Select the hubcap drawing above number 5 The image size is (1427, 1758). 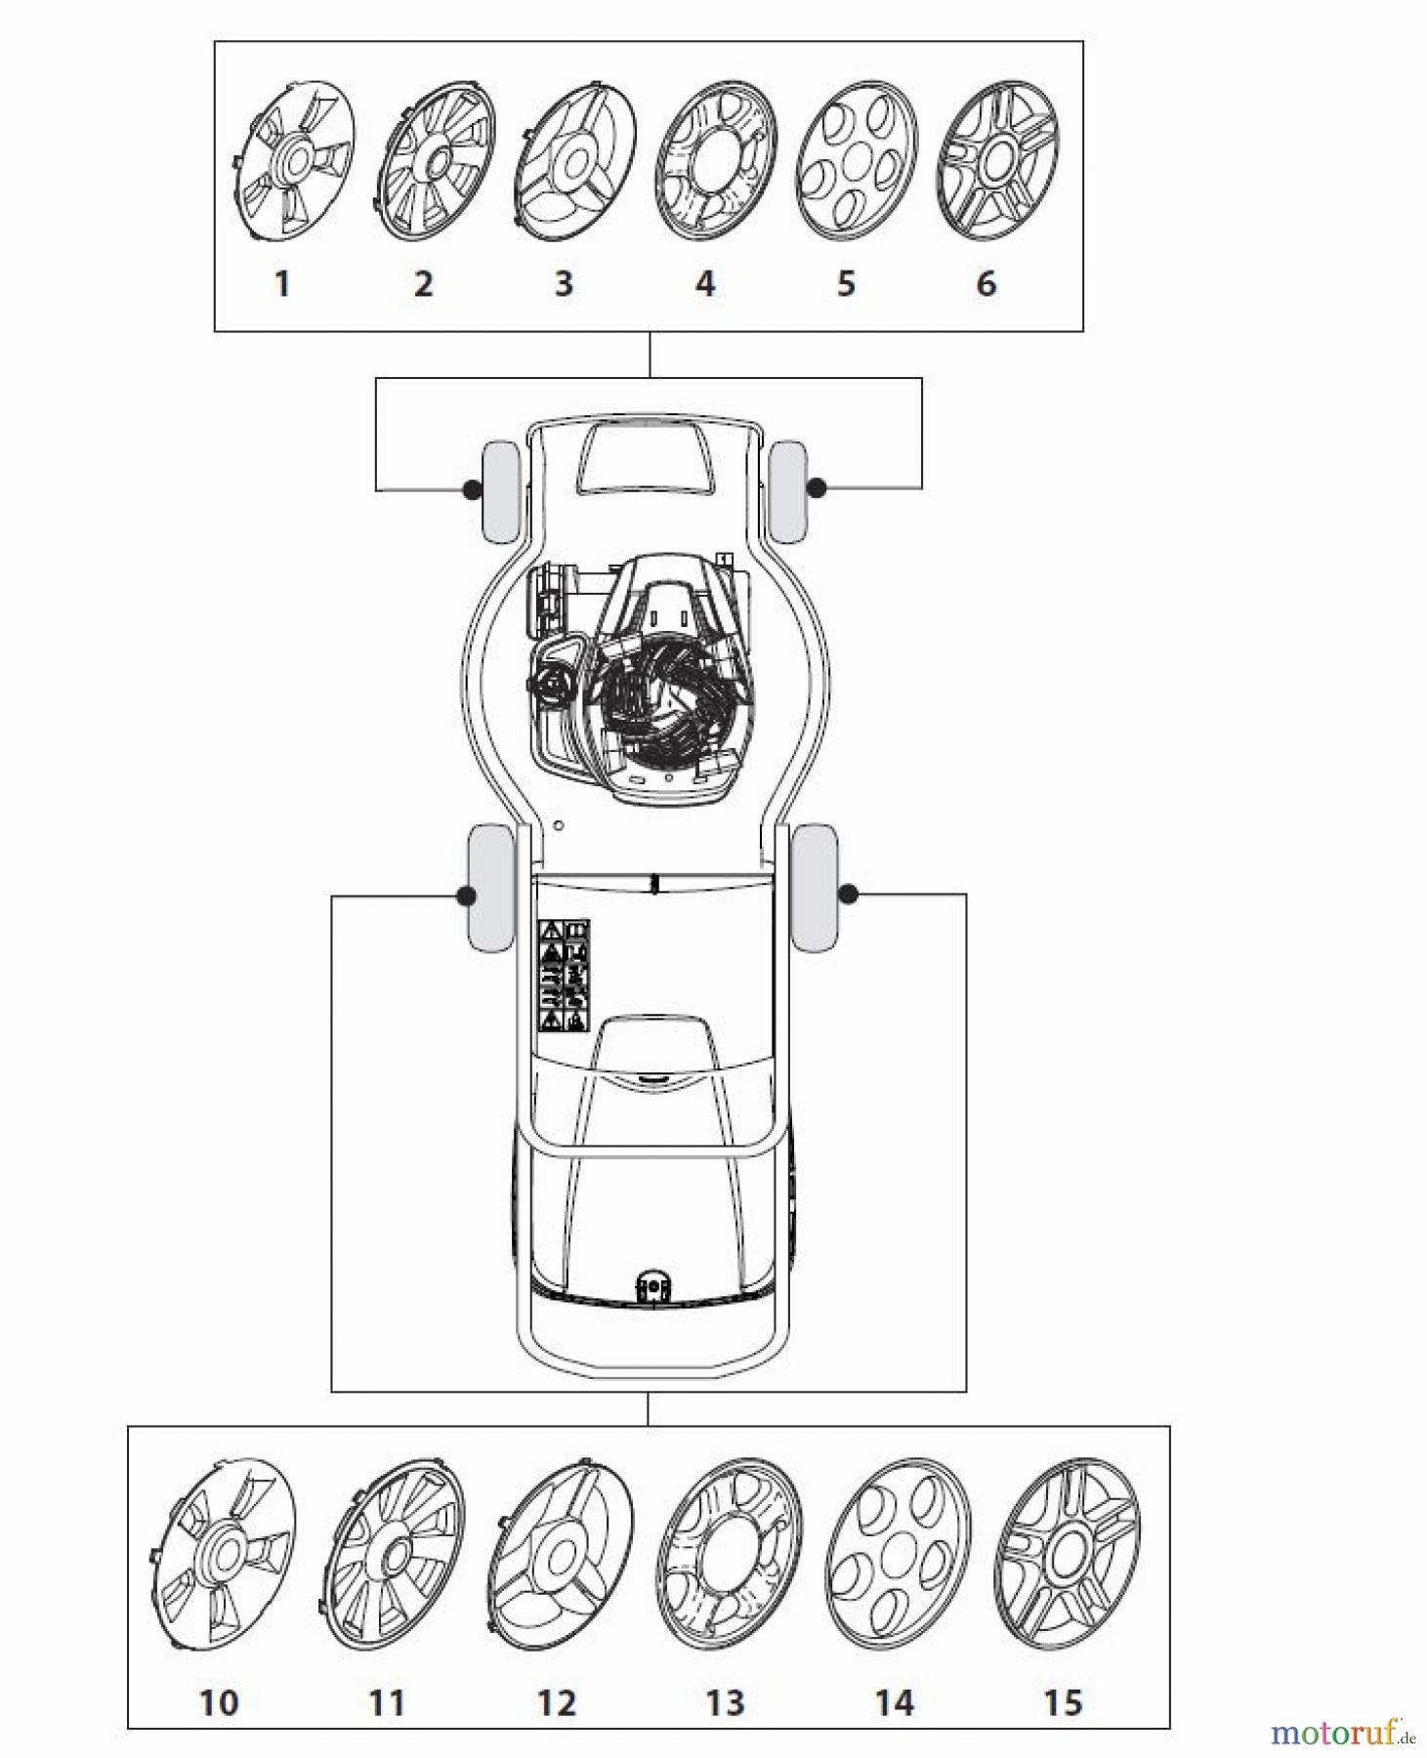pos(857,161)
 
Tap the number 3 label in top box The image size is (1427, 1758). pos(564,284)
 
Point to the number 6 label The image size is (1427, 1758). pos(986,284)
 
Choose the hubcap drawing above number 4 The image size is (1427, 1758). pos(716,161)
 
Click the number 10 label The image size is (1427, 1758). pos(219,1702)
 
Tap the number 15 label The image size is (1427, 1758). pos(1063,1702)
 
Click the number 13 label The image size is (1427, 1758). pos(725,1702)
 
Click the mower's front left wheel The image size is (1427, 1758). pos(501,491)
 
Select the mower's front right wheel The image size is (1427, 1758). pos(787,491)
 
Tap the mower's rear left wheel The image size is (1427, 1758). pos(491,887)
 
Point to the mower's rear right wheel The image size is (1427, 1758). pos(815,887)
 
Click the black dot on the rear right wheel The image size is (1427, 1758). pos(848,893)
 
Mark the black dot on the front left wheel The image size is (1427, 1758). pos(471,488)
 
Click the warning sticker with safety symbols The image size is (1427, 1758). pos(565,975)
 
